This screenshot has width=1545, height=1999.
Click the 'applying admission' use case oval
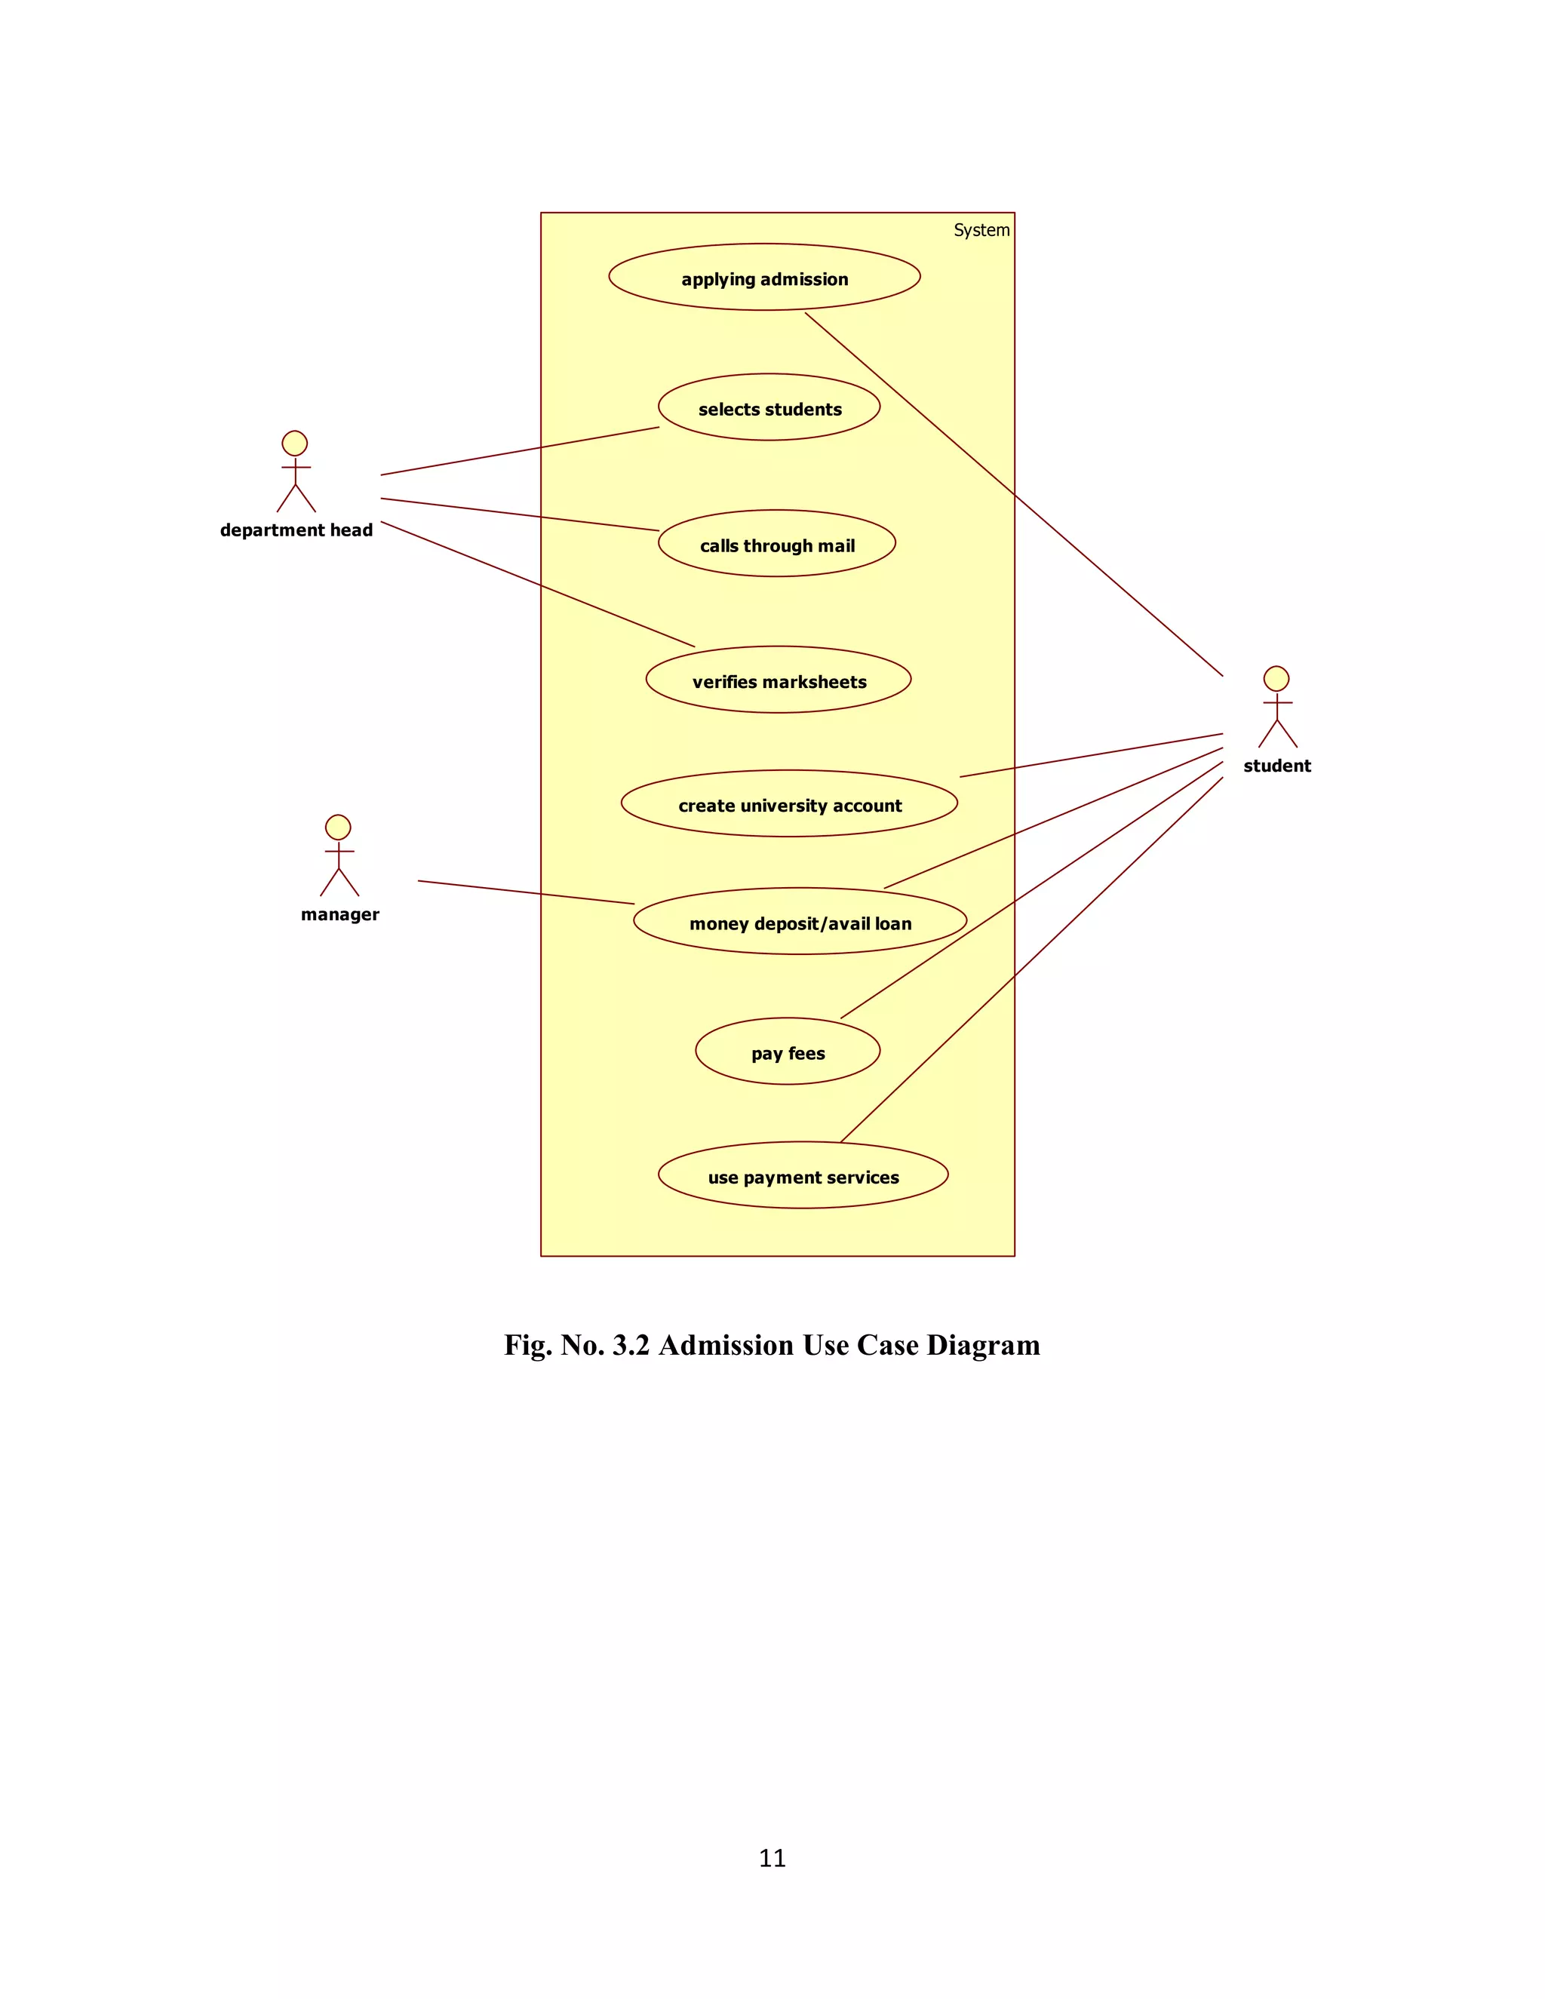point(764,278)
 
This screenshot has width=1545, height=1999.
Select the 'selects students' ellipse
point(769,407)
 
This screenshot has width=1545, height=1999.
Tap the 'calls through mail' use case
point(776,544)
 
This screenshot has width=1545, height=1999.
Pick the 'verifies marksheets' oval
point(778,680)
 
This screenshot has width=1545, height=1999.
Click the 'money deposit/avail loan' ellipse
point(800,922)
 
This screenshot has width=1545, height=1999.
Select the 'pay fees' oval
point(787,1052)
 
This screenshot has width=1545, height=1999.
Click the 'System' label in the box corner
point(981,231)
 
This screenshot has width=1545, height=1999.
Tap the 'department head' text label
point(296,531)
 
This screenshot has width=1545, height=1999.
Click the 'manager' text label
point(339,914)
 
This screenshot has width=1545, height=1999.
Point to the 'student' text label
point(1277,766)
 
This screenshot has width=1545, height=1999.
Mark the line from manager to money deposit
point(527,892)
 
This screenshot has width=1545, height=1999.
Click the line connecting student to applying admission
point(1014,494)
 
